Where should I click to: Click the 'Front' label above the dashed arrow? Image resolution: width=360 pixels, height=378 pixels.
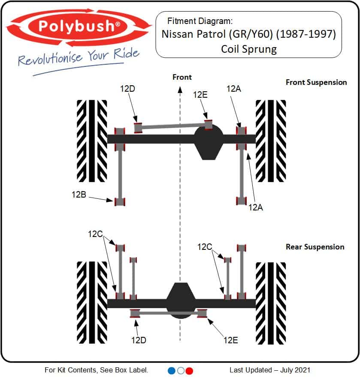[182, 77]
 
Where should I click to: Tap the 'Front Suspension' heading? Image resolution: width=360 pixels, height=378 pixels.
[316, 82]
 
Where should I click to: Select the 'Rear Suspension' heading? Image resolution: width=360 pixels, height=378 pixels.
[315, 247]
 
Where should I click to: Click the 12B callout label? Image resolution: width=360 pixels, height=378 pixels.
[79, 194]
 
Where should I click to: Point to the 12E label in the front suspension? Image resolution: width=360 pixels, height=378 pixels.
[200, 95]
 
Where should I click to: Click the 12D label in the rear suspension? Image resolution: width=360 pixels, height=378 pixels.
[139, 340]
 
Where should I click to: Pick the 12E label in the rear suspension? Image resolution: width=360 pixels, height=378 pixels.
[230, 340]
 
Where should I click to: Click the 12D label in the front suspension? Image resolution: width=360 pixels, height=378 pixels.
[128, 89]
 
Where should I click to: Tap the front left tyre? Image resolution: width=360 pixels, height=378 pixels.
[92, 141]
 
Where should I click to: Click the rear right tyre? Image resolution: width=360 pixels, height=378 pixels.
[270, 303]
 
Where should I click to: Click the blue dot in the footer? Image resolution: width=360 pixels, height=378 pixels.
[172, 370]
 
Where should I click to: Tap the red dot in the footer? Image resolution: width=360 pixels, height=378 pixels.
[189, 370]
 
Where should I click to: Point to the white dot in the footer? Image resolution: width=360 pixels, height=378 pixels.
[181, 370]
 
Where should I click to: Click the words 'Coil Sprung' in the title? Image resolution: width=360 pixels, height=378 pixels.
[249, 49]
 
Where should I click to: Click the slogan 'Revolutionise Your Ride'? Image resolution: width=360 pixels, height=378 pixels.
[79, 57]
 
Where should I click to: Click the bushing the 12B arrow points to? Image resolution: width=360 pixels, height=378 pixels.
[119, 201]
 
